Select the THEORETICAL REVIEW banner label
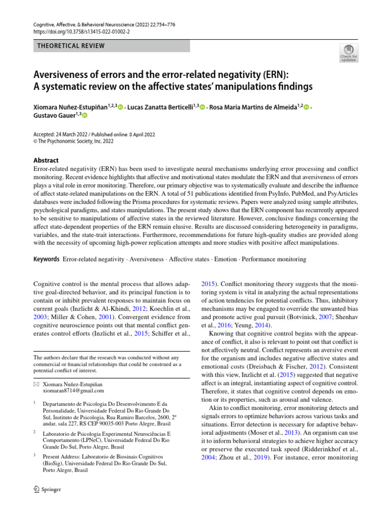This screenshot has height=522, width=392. (71, 46)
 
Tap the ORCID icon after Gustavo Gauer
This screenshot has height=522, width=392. (85, 116)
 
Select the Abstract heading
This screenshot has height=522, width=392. (45, 160)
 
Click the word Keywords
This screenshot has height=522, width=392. (46, 259)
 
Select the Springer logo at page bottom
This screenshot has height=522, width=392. (47, 489)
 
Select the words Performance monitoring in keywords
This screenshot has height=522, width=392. (274, 259)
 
